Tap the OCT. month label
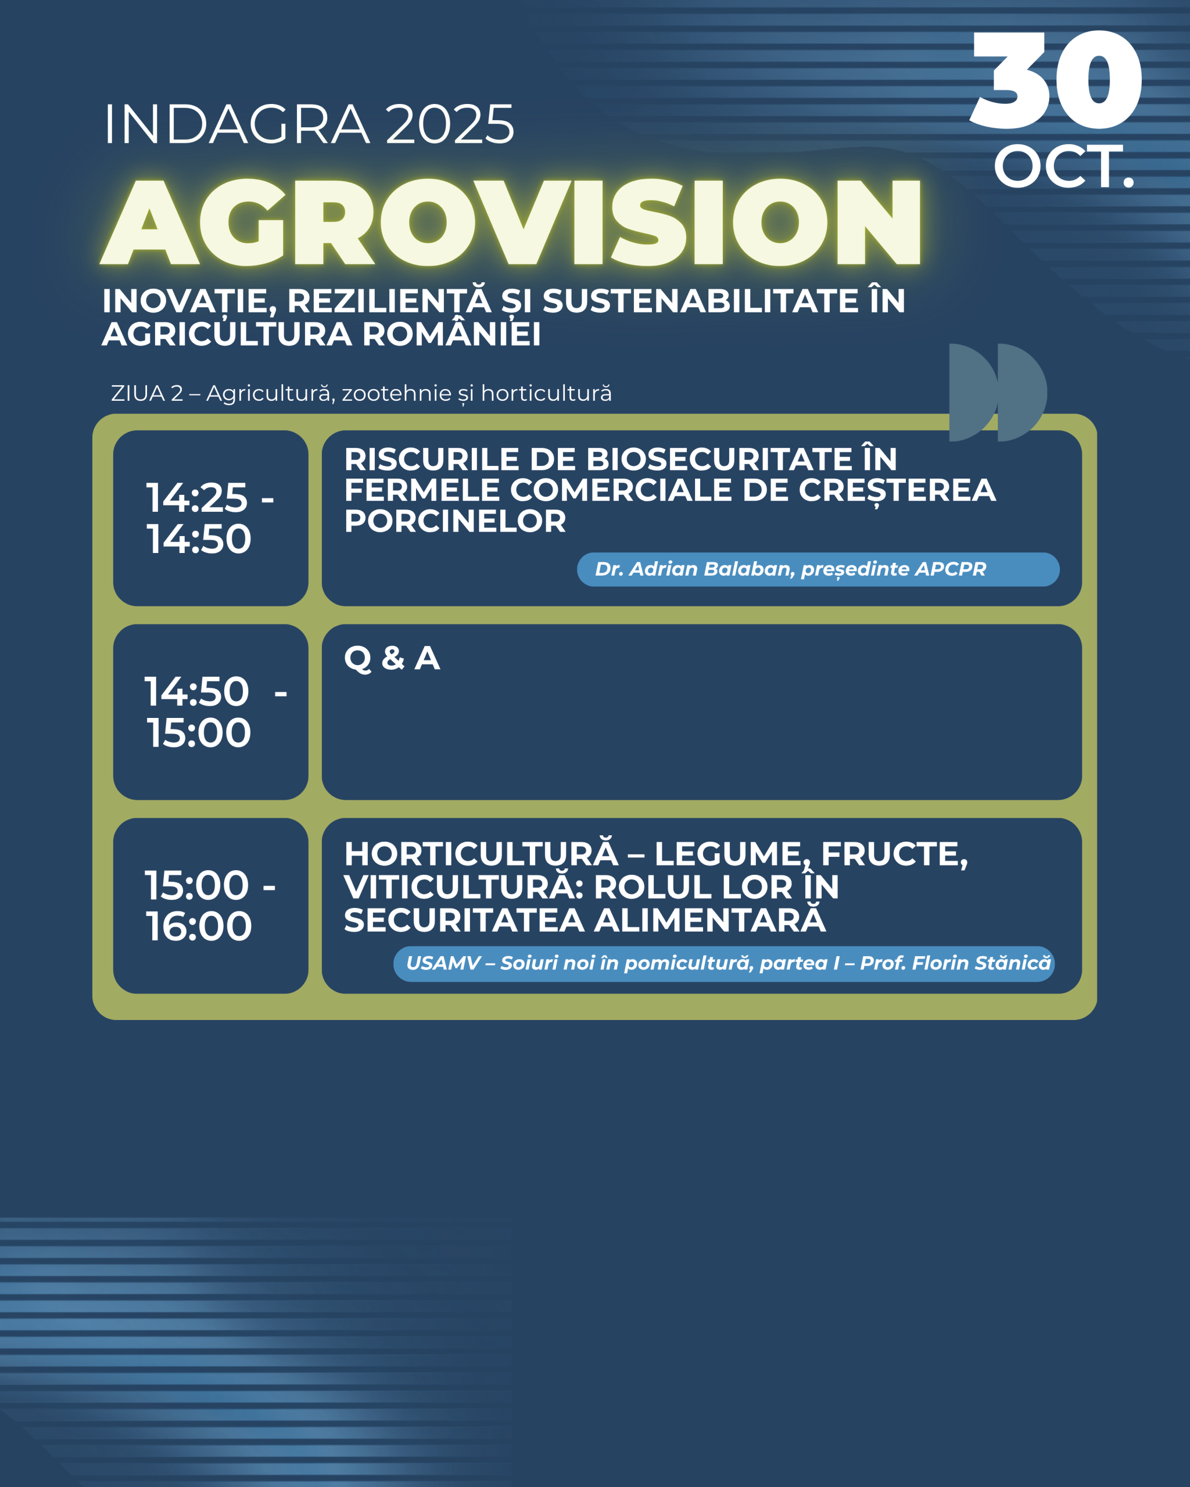coord(1064,167)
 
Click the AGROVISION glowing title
coord(511,221)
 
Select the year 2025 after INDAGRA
coord(450,125)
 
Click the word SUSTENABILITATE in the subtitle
coord(700,301)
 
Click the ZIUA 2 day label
coord(147,393)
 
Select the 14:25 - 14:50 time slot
coord(210,518)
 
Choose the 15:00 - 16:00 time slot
coord(210,906)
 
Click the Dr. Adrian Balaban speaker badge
coord(818,569)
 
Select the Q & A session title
coord(392,659)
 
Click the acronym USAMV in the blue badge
coord(443,964)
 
